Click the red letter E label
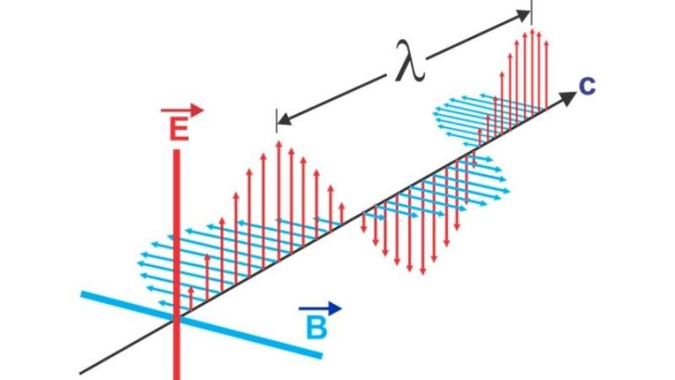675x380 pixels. [179, 129]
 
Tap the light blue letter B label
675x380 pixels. [316, 328]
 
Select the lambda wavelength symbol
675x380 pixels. [411, 61]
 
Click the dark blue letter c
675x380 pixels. [587, 86]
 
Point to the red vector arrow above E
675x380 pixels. [181, 111]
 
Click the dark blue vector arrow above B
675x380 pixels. [321, 308]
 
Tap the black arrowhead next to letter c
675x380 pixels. [568, 99]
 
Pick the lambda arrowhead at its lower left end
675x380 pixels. [284, 118]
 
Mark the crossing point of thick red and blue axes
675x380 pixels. [176, 319]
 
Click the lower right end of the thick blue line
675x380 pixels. [321, 356]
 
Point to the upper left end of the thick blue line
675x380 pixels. [82, 294]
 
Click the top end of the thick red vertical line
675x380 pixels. [176, 150]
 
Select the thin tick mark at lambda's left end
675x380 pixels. [277, 121]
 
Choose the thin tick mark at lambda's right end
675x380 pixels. [532, 13]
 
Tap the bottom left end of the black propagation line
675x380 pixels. [80, 372]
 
